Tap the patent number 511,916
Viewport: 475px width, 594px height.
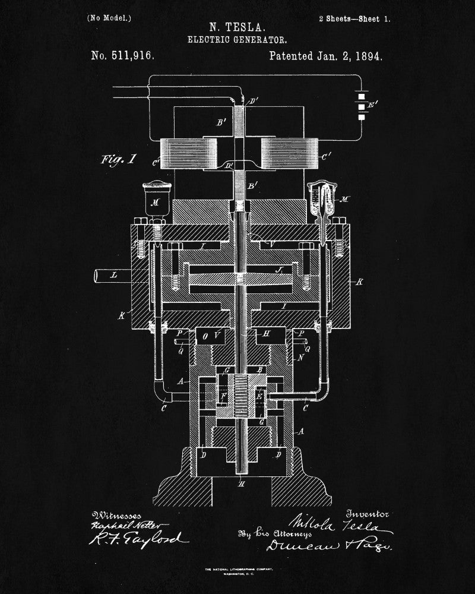122,56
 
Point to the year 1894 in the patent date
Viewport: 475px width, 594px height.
367,56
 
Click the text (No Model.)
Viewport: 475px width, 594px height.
109,18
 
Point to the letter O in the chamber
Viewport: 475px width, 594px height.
205,336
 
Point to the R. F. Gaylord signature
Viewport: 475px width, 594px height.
139,538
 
